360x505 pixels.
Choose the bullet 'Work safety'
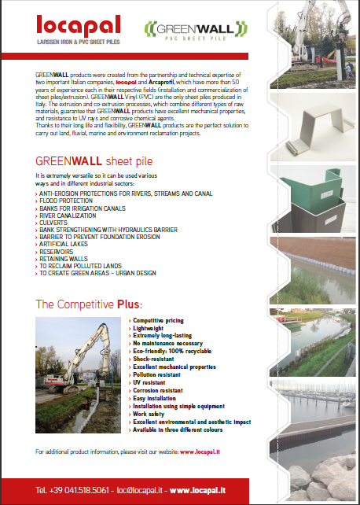point(149,413)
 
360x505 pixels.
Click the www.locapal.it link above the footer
point(200,452)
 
